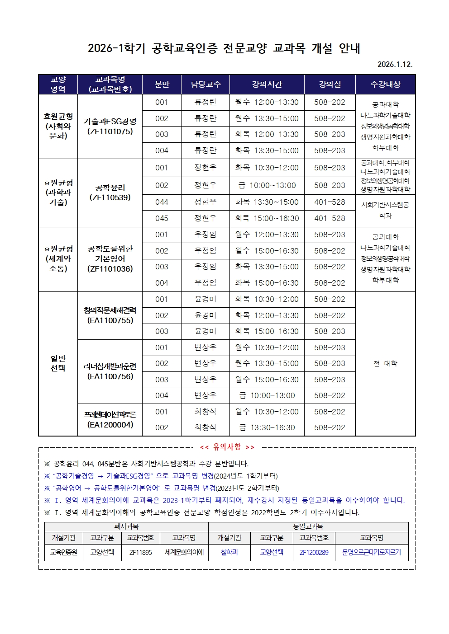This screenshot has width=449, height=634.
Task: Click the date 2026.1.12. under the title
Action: point(395,64)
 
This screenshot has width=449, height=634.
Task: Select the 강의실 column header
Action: point(330,84)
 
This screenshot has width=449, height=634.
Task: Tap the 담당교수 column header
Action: point(205,84)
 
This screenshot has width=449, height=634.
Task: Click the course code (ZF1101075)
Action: point(110,131)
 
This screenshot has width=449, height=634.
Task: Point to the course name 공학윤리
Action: point(110,188)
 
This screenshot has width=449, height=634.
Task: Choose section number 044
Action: point(162,202)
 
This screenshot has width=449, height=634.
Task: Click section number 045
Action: point(162,218)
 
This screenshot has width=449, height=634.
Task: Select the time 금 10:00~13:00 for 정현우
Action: point(267,185)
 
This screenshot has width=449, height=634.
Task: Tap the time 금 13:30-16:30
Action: point(267,427)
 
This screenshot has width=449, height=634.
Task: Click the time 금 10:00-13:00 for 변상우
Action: point(267,395)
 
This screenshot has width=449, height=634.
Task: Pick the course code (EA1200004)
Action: point(110,425)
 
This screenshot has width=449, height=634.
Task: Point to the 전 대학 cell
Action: point(385,363)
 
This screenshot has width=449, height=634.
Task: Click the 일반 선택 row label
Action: point(58,363)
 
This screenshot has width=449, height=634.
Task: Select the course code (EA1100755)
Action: point(110,320)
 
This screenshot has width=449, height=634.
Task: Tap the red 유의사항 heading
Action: point(227,447)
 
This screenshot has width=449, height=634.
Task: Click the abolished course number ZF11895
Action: point(140,552)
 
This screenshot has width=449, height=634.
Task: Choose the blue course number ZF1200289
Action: point(314,552)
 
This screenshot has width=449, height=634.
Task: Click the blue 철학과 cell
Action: point(229,552)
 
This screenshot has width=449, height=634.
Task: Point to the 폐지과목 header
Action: point(126,526)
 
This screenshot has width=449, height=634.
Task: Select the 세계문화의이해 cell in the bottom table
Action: point(184,552)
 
